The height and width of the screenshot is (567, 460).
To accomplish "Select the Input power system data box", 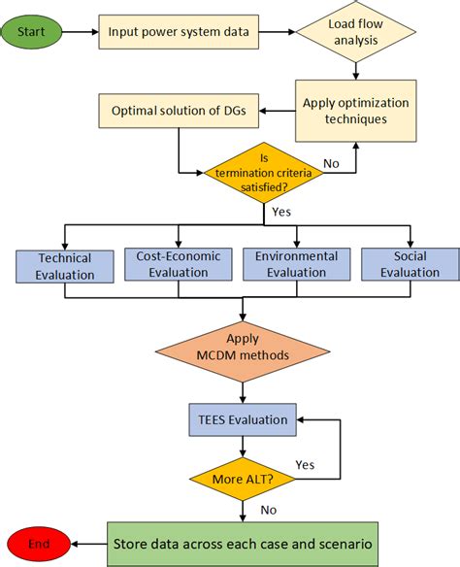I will click(x=181, y=31).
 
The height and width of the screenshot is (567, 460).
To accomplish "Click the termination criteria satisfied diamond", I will click(x=262, y=173).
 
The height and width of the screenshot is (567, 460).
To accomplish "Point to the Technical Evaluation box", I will click(x=65, y=266).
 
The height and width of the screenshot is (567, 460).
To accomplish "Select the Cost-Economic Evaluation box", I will click(x=179, y=265).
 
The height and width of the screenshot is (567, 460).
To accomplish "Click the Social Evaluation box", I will click(x=410, y=265).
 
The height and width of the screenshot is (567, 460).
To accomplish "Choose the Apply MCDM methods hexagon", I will click(x=243, y=348).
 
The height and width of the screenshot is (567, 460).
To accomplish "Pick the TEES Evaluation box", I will click(x=243, y=420).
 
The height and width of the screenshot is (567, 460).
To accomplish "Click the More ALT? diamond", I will click(x=243, y=478).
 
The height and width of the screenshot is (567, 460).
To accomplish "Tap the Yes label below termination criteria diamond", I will click(x=281, y=210).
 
